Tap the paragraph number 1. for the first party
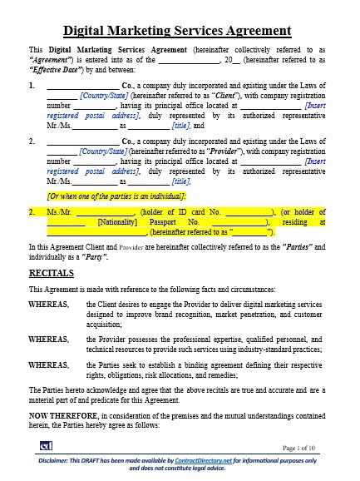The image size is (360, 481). (x=32, y=85)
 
